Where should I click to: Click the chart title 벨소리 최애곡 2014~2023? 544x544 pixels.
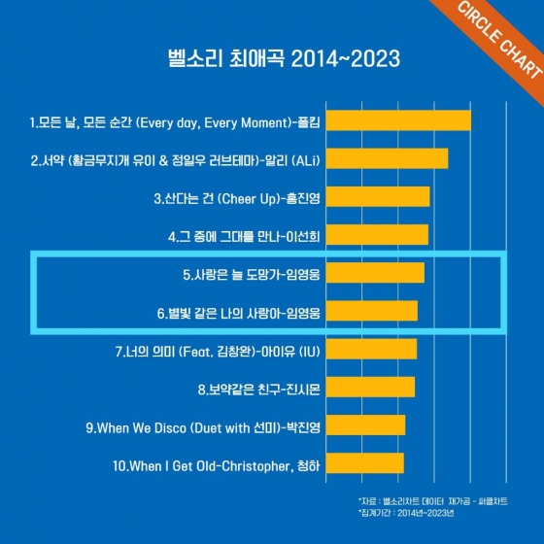tap(284, 58)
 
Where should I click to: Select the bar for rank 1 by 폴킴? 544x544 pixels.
tap(398, 120)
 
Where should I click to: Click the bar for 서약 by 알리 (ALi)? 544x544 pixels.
tap(387, 159)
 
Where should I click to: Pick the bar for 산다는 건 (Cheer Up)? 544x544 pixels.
tap(378, 196)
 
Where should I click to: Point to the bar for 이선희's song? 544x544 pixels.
tap(377, 235)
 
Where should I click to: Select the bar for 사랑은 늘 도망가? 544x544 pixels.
tap(375, 273)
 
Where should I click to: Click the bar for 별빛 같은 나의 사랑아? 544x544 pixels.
tap(372, 311)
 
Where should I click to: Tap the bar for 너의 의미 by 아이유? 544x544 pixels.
tap(371, 349)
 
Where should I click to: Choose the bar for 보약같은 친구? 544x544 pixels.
tap(370, 387)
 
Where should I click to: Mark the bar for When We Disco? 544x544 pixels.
tap(365, 425)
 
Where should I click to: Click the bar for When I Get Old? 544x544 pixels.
tap(365, 462)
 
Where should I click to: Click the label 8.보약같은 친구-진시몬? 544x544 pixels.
tap(259, 390)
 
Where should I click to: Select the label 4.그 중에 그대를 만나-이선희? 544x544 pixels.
tap(244, 237)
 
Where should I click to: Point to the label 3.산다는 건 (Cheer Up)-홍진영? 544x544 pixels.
tap(237, 199)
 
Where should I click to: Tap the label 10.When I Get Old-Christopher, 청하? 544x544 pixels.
tap(216, 466)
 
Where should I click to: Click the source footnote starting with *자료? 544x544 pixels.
tap(433, 501)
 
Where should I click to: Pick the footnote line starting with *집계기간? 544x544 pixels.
tap(406, 513)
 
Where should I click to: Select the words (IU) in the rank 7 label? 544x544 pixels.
tap(310, 352)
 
